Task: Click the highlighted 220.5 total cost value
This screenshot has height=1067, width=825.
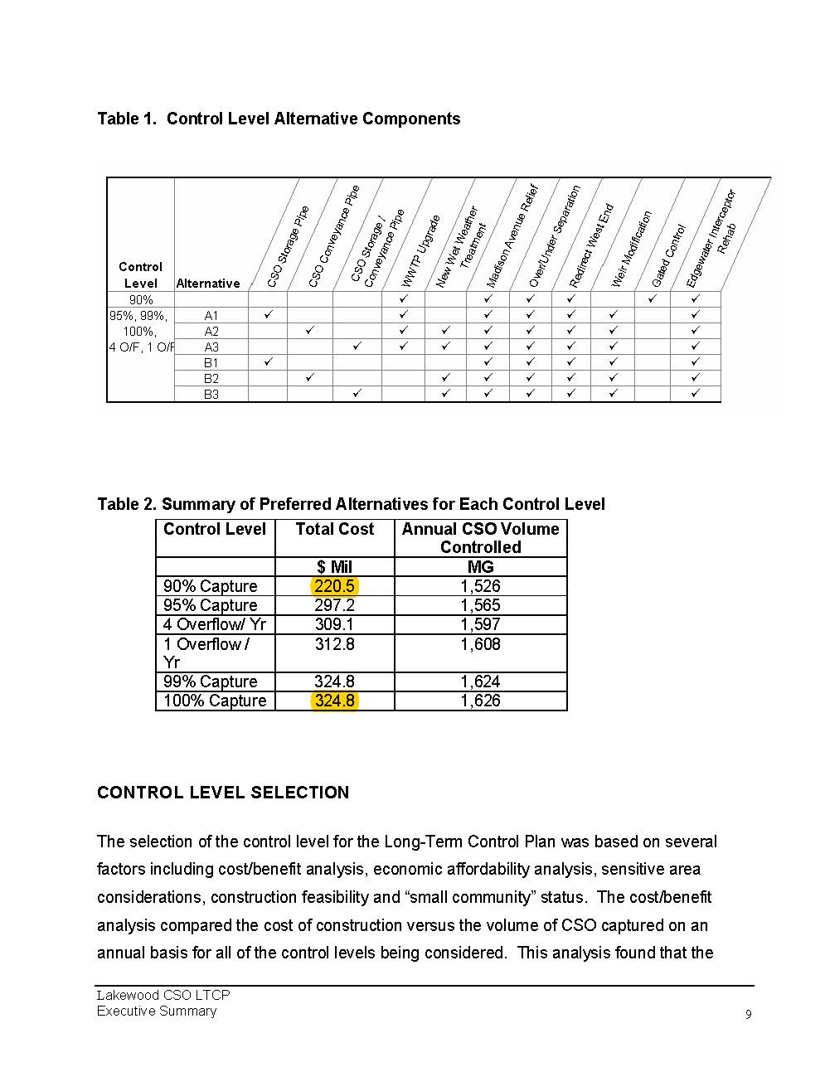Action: [x=334, y=586]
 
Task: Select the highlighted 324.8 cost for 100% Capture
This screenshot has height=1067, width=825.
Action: [x=334, y=701]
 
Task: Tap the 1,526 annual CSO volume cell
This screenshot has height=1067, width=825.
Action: [x=480, y=586]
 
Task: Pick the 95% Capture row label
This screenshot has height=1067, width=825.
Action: [x=210, y=605]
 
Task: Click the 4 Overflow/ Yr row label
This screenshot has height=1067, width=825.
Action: [x=214, y=624]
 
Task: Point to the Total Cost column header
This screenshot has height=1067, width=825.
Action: [x=334, y=529]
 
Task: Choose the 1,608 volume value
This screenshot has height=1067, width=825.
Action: [x=480, y=644]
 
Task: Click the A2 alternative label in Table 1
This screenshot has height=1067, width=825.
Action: [x=211, y=331]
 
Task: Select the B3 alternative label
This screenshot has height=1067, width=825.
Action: [x=211, y=394]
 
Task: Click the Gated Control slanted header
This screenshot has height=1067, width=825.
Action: [x=668, y=255]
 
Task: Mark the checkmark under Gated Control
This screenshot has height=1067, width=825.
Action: [x=653, y=298]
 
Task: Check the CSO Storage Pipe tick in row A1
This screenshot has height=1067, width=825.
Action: [x=268, y=315]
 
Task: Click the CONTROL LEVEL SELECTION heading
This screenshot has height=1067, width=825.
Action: [x=223, y=793]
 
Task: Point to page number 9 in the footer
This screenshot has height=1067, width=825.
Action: [x=749, y=1015]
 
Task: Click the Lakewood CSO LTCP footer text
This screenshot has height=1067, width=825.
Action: [x=163, y=995]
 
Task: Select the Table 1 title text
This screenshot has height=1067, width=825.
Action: [x=279, y=119]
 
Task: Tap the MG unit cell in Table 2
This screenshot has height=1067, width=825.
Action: [x=480, y=567]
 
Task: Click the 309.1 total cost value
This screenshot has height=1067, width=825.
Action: [x=334, y=624]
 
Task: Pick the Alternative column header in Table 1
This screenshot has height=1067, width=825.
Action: [x=208, y=284]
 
